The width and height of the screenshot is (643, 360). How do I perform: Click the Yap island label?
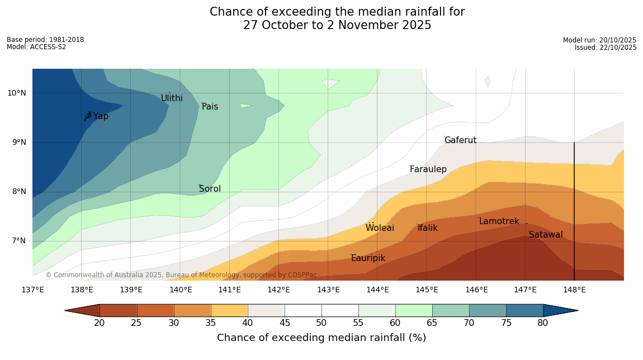click(101, 116)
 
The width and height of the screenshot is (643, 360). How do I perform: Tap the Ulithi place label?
click(172, 98)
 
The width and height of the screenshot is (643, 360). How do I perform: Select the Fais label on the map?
click(210, 107)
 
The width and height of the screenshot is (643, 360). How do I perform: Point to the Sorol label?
click(210, 189)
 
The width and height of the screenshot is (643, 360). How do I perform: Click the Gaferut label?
click(460, 140)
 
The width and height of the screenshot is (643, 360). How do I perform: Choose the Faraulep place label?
click(428, 169)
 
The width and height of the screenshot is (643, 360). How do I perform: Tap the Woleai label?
click(380, 228)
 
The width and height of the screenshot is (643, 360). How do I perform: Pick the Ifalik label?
click(428, 228)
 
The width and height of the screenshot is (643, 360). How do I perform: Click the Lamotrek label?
click(499, 221)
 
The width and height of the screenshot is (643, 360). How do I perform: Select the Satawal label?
click(546, 235)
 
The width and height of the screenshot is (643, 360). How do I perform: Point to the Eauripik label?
click(368, 258)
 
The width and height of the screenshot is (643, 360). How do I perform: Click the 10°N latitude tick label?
click(17, 93)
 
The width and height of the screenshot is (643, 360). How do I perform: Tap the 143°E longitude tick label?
click(328, 290)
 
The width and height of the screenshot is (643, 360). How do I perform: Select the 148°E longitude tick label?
click(574, 290)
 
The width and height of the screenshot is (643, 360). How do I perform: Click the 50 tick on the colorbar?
click(321, 323)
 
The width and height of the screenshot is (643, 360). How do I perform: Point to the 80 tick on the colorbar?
click(543, 323)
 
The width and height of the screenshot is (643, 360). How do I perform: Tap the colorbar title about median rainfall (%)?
click(321, 338)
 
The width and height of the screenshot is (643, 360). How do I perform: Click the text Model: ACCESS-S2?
click(36, 47)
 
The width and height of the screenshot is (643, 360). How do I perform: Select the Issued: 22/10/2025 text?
click(606, 48)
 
